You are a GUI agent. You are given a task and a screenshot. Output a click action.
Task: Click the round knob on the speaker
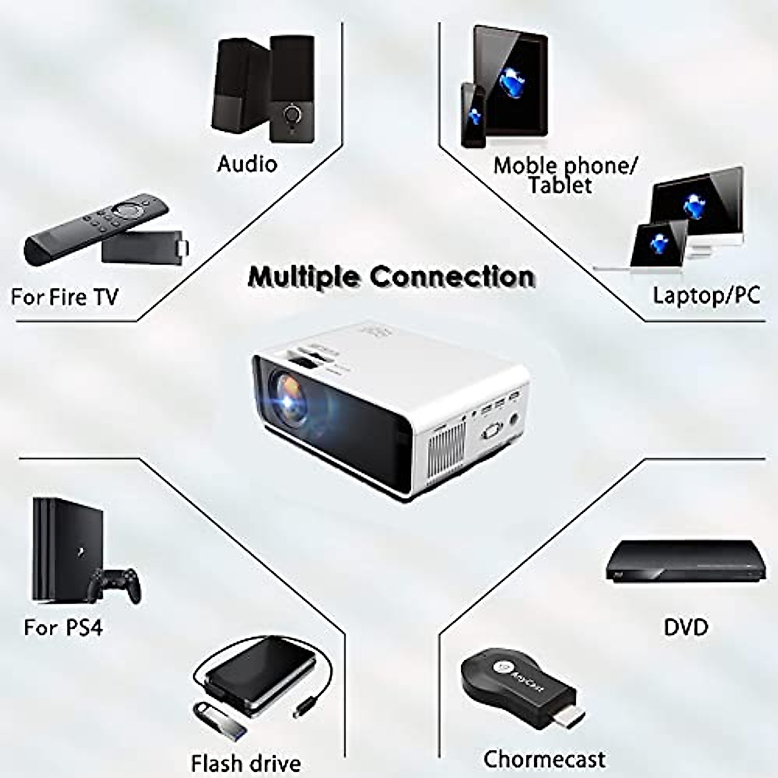point(292,115)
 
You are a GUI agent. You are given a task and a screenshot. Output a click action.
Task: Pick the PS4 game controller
point(114,583)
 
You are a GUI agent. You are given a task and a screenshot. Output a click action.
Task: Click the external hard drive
point(259,674)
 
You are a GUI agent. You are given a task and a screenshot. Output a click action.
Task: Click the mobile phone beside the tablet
point(473,115)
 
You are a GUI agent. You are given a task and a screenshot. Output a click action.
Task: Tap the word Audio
point(247,163)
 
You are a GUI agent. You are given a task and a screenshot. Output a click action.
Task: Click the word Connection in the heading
point(452,277)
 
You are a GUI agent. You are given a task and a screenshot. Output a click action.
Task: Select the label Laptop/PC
point(705,296)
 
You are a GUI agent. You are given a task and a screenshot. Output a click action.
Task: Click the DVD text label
point(686,627)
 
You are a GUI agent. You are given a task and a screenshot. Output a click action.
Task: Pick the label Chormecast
point(544,759)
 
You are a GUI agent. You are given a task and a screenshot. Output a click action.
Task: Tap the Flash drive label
point(246,763)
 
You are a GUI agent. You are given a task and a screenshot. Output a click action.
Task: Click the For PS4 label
point(63,628)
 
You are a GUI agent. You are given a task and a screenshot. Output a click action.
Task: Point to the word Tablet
point(560,185)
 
